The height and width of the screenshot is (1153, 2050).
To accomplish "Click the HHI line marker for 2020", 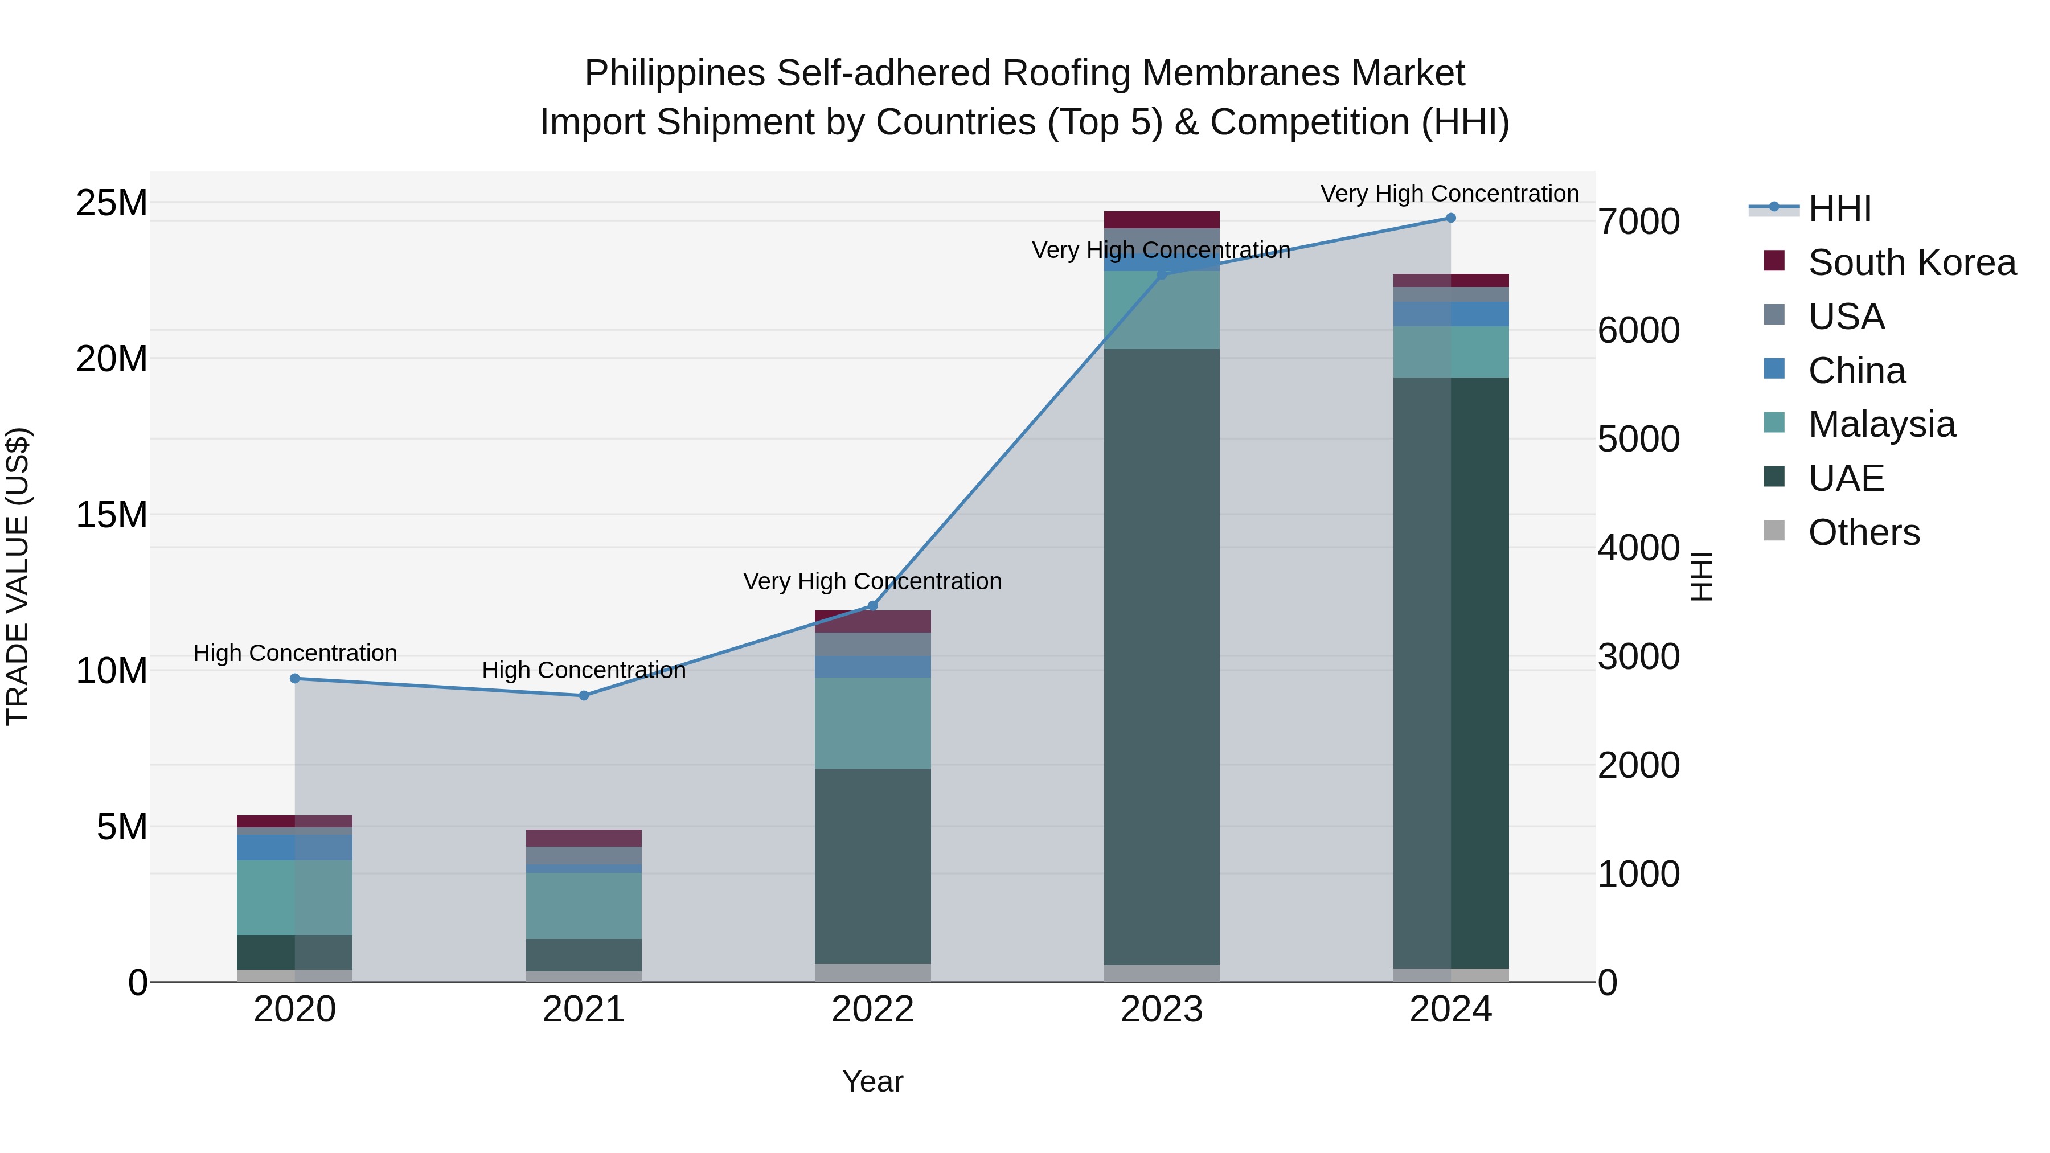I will click(294, 679).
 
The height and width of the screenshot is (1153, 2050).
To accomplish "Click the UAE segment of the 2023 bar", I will click(1161, 656).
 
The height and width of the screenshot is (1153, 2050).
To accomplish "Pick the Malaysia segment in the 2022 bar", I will click(872, 723).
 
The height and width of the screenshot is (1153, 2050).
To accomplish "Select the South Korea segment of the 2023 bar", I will click(1161, 220).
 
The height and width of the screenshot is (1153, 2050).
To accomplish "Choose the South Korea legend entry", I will click(1912, 262).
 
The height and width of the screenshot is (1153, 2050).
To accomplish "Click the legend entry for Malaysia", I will click(1881, 424).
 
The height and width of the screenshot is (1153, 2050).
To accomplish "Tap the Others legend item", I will click(1863, 532).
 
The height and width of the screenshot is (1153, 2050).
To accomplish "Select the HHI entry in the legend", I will click(1839, 208).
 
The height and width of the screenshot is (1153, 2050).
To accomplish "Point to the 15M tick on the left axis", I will click(112, 515).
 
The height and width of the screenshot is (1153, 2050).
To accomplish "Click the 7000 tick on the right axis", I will click(1638, 222).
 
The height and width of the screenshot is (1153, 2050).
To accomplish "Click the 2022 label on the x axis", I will click(872, 1010).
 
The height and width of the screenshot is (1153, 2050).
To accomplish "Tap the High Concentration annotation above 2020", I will click(294, 653).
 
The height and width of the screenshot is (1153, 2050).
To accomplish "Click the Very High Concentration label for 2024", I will click(1449, 194).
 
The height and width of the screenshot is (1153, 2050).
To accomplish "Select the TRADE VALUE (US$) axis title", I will click(18, 576).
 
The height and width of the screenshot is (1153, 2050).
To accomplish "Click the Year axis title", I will click(872, 1081).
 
